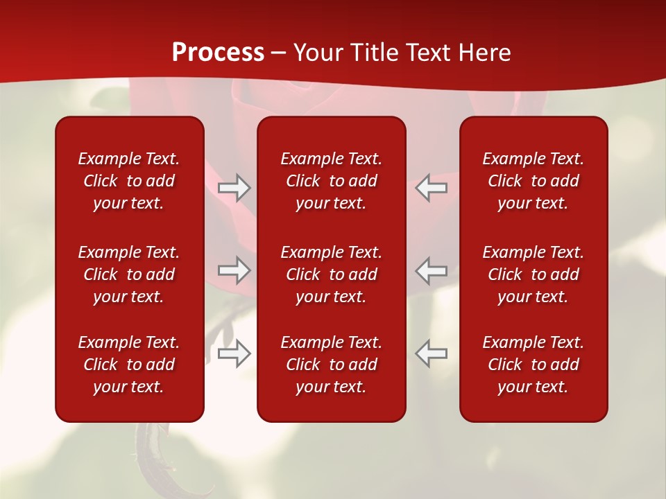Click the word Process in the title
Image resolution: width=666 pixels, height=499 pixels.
(218, 53)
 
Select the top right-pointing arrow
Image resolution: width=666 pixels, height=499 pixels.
(234, 188)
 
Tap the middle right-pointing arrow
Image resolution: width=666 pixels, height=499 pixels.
(234, 270)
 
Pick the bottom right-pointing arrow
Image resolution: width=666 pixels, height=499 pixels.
(234, 353)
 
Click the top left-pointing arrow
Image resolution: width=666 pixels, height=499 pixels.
(431, 188)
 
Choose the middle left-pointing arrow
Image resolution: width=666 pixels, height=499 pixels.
(431, 270)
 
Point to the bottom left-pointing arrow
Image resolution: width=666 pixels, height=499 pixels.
(431, 353)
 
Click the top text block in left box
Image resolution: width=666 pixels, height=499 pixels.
(129, 181)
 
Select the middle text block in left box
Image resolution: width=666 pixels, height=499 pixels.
(129, 274)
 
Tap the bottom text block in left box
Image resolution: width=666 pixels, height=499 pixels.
(129, 365)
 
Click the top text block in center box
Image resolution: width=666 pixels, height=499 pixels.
(332, 181)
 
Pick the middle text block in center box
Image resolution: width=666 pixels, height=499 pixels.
(332, 274)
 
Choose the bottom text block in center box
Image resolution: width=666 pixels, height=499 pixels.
(332, 365)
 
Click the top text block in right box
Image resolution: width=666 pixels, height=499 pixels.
(533, 181)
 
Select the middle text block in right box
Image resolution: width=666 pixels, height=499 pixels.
(533, 274)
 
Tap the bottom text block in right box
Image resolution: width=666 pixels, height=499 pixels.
(533, 365)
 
